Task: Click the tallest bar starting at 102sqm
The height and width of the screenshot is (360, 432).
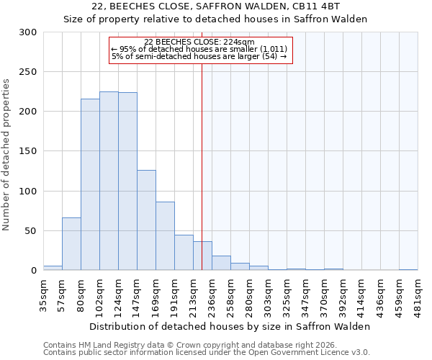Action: pos(109,181)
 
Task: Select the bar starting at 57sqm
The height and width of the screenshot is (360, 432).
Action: pos(71,243)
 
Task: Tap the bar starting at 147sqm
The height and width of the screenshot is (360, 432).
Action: pos(146,220)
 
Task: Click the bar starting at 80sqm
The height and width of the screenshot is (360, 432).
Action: pos(90,184)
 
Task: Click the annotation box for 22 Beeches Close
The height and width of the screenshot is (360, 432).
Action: pos(201,50)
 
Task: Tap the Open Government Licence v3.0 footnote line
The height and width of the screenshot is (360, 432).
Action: pos(206,352)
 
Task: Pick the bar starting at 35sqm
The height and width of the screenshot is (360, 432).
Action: pos(53,268)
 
